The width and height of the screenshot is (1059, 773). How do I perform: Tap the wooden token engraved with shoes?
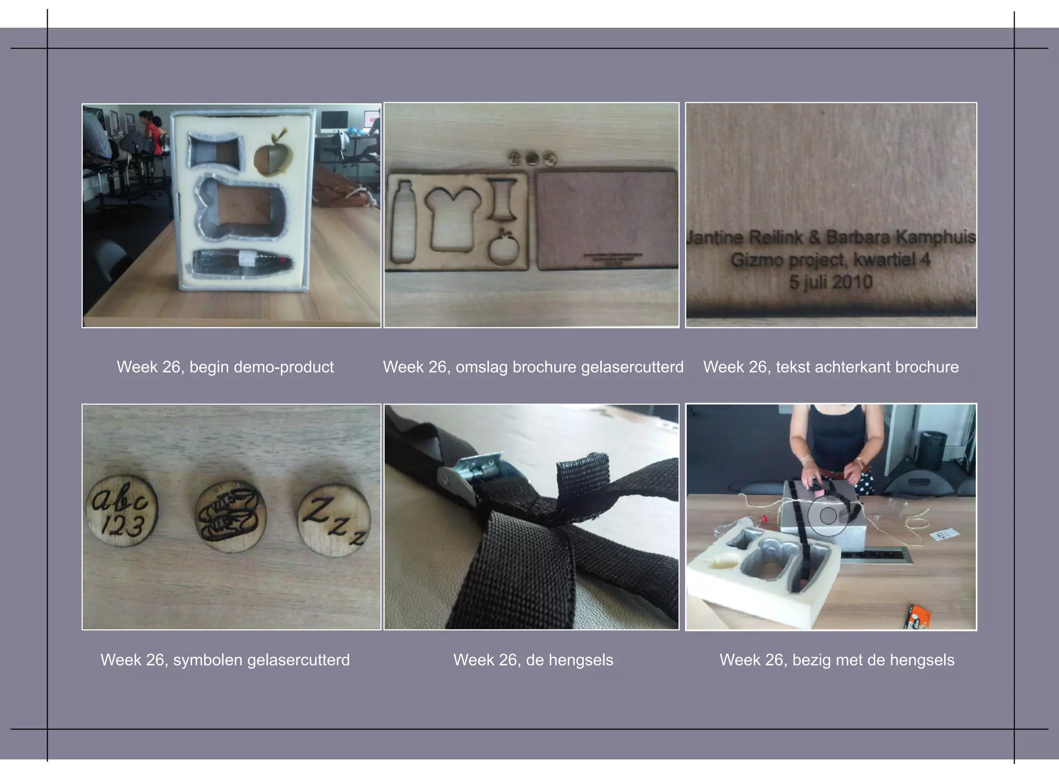tap(231, 515)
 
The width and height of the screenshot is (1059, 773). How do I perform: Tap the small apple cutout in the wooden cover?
tap(504, 248)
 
